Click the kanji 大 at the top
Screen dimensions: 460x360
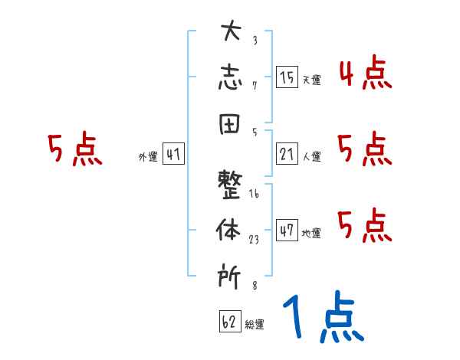click(230, 33)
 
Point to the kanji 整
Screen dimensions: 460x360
click(230, 184)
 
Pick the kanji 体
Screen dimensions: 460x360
click(230, 229)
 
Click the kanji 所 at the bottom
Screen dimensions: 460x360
click(230, 273)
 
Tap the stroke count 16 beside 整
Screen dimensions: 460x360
click(255, 195)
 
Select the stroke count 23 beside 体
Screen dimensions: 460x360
click(255, 239)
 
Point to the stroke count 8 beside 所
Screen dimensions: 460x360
click(255, 285)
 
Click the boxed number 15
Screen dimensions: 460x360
click(287, 77)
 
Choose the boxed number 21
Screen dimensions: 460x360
click(287, 155)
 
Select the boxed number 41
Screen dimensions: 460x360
click(173, 155)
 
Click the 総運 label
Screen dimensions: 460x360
click(255, 325)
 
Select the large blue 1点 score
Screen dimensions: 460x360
click(322, 318)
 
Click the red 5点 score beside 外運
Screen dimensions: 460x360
click(74, 149)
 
